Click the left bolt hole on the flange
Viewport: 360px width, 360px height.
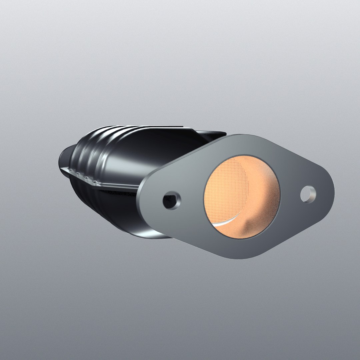tap(172, 200)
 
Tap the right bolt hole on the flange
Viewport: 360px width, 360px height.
tap(308, 194)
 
